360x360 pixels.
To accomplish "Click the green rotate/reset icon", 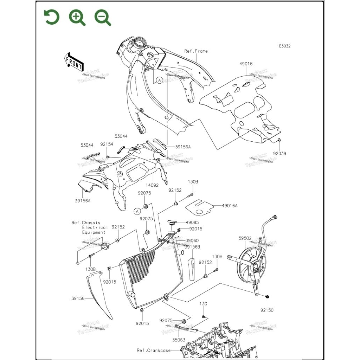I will [x=52, y=17].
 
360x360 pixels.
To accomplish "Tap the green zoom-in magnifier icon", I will [x=77, y=17].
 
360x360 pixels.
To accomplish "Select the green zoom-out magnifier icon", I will [x=102, y=17].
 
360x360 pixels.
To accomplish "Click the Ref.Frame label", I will [x=196, y=51].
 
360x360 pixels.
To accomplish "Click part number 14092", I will [x=152, y=185].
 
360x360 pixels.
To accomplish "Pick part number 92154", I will [x=107, y=144].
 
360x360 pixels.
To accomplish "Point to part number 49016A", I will [x=229, y=206].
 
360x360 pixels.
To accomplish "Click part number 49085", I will [x=193, y=222].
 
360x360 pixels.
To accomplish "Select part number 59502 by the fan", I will [x=245, y=238].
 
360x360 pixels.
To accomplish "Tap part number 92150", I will [x=267, y=310].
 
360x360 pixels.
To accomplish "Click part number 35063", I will [x=179, y=340].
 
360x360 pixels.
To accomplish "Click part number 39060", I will [x=192, y=240].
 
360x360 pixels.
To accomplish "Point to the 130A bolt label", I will [x=217, y=257].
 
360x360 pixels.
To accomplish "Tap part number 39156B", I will [x=192, y=247].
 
